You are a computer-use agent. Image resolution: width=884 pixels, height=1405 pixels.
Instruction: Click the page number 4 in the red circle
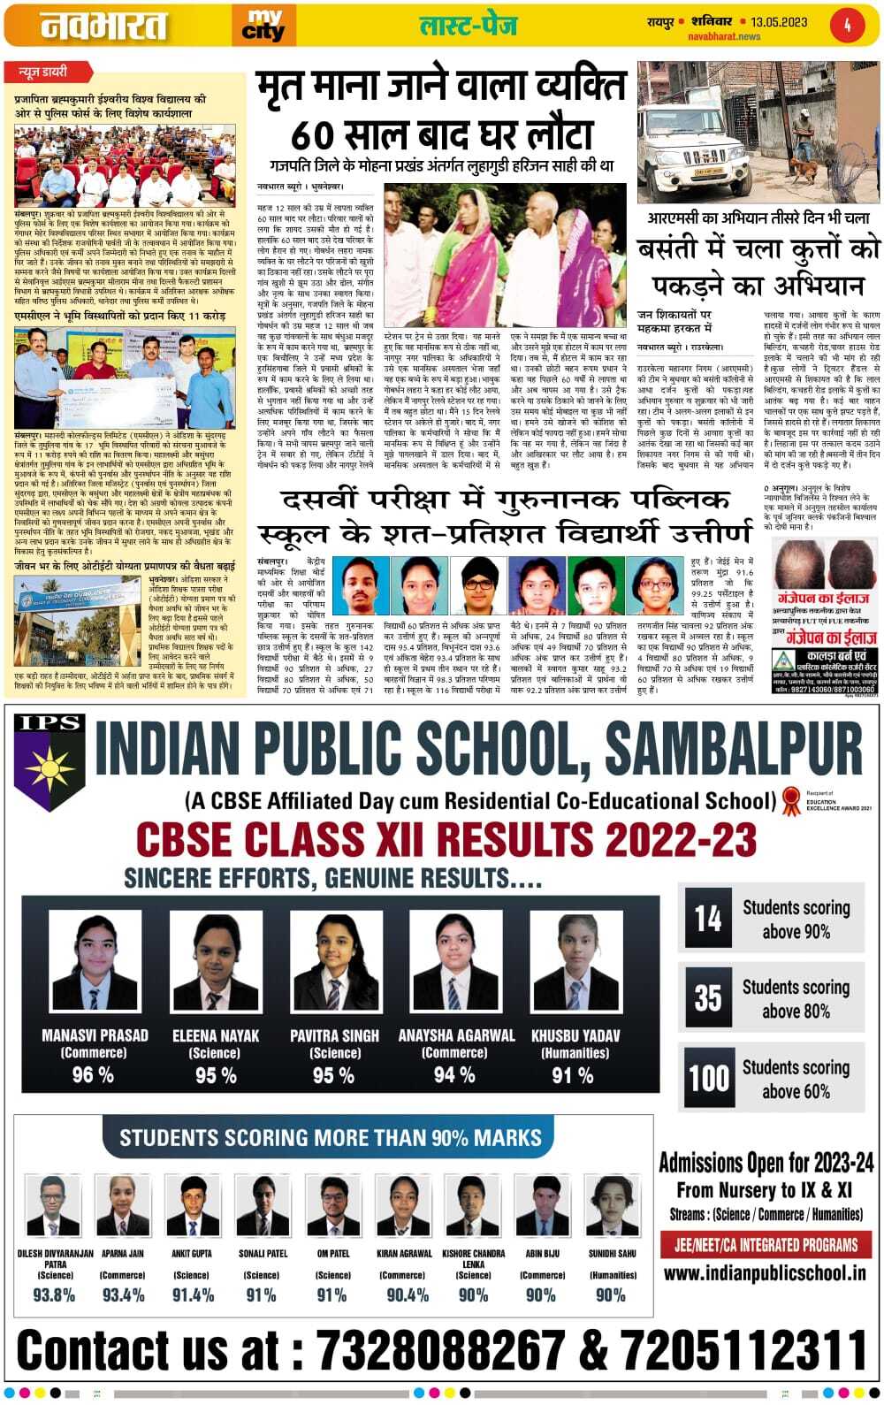click(x=846, y=25)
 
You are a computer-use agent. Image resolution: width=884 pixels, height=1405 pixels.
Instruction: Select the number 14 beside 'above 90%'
click(x=707, y=919)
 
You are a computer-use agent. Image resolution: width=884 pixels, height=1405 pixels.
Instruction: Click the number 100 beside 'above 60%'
click(x=708, y=1078)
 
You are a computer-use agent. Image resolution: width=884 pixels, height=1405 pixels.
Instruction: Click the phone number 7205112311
click(x=743, y=1350)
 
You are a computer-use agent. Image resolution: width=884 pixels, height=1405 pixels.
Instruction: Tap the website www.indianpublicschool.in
click(x=765, y=1273)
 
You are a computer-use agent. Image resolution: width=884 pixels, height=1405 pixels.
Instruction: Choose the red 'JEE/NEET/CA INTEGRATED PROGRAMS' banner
click(x=766, y=1245)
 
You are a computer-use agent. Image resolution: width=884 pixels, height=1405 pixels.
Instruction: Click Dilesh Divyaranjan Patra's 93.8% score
click(x=54, y=1295)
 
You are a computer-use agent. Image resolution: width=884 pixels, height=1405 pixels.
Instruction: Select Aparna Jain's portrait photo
click(x=123, y=1205)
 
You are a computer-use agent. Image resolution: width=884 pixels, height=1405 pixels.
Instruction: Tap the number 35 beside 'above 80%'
click(x=707, y=998)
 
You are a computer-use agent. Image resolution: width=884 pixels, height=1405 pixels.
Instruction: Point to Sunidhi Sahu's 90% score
click(x=610, y=1295)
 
